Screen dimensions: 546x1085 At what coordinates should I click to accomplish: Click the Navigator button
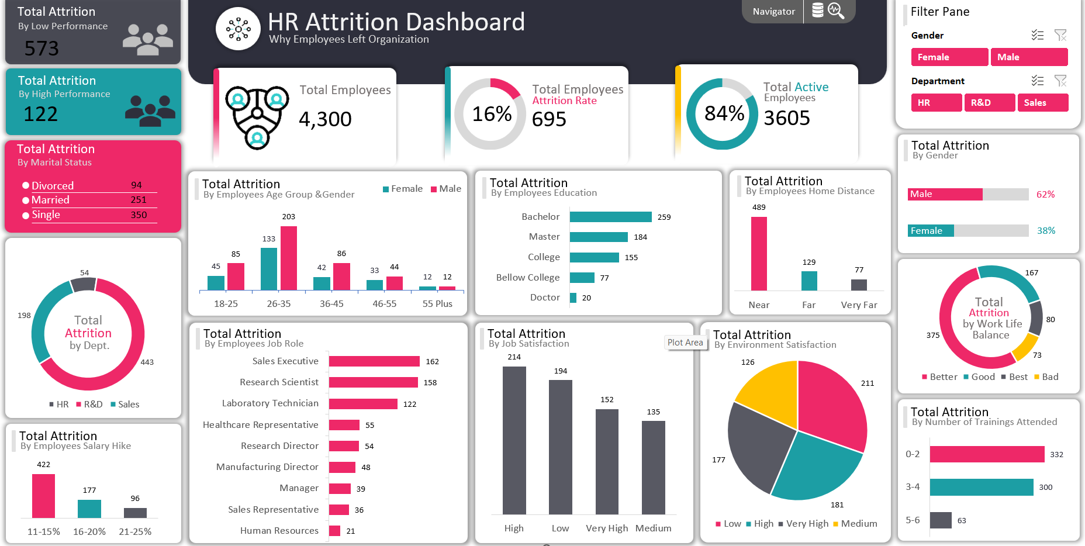(x=773, y=12)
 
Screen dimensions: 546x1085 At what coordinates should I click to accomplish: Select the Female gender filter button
(x=949, y=57)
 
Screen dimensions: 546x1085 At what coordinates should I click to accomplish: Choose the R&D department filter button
(x=989, y=103)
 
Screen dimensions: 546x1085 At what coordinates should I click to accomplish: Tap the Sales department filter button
(x=1042, y=103)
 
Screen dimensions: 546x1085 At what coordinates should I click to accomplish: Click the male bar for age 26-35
(x=289, y=258)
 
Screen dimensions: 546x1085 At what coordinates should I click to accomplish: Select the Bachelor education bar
(x=610, y=217)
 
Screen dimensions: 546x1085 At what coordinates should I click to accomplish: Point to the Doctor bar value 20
(x=586, y=298)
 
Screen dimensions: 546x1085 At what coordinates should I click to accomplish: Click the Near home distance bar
(x=759, y=253)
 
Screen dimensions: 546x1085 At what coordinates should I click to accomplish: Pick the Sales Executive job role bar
(x=374, y=361)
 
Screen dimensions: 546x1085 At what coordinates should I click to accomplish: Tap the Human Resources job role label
(x=279, y=531)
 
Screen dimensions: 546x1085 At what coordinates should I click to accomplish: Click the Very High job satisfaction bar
(x=607, y=461)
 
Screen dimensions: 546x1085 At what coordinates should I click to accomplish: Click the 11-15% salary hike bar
(x=44, y=496)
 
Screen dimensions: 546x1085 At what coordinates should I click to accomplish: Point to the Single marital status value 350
(x=139, y=215)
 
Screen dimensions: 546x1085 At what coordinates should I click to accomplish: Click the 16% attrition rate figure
(x=492, y=114)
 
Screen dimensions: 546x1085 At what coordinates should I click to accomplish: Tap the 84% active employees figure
(x=724, y=113)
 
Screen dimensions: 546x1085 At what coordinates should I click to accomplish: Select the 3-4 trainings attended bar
(x=981, y=487)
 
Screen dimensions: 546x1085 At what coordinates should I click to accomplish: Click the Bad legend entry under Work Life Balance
(x=1046, y=377)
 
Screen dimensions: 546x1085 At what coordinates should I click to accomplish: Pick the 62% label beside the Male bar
(x=1045, y=195)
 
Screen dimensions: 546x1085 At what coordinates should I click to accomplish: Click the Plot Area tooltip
(x=685, y=343)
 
